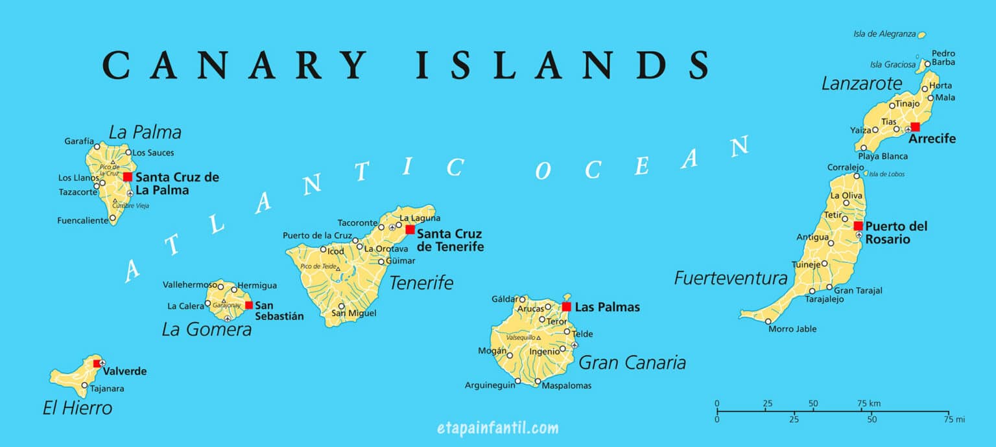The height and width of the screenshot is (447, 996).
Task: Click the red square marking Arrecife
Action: point(914,127)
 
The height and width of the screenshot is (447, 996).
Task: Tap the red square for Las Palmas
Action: point(566,306)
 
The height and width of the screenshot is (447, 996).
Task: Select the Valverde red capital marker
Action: point(97,363)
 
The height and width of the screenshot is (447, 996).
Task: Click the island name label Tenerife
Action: point(421,282)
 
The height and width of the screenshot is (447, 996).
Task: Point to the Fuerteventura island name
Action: point(730,279)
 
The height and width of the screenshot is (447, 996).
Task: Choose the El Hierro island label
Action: point(77,408)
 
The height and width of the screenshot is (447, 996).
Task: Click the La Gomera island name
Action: point(206,329)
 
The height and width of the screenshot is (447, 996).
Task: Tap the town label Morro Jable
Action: point(792,329)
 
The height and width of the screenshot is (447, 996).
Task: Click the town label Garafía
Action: point(79,141)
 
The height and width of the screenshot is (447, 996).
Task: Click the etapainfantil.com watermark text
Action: point(497,428)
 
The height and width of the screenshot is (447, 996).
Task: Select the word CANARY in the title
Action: point(234,65)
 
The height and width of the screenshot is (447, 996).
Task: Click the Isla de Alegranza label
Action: point(884,34)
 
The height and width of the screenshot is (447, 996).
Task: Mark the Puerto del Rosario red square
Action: point(858,226)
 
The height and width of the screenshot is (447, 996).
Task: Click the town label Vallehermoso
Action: point(189,284)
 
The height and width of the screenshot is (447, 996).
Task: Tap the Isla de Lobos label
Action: point(886,174)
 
